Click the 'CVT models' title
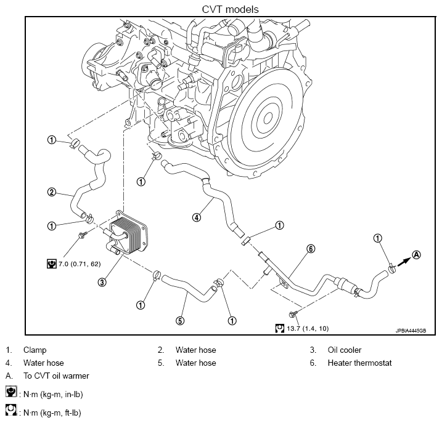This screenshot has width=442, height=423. pos(230,9)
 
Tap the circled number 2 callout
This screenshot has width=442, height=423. pos(52,192)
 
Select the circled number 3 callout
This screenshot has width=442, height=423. pos(102,282)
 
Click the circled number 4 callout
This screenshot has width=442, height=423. pos(197,217)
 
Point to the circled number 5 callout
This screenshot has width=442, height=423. pos(180,321)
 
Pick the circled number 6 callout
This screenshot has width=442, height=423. pos(310,249)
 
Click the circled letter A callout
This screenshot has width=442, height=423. pos(416,255)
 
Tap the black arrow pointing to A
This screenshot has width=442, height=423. pos(404,262)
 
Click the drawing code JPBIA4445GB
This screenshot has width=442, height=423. pos(411,331)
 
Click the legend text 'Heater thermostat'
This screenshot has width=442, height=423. pos(359,363)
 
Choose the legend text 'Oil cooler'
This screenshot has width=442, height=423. pos(344,350)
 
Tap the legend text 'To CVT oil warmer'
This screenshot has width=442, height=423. pos(56,376)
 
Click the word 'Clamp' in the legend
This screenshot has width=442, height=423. pos(35,350)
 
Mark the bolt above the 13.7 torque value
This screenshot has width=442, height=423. pos(293,314)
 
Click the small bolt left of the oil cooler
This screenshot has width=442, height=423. pos(83,235)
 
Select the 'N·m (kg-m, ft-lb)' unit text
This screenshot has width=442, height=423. pos(52,413)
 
